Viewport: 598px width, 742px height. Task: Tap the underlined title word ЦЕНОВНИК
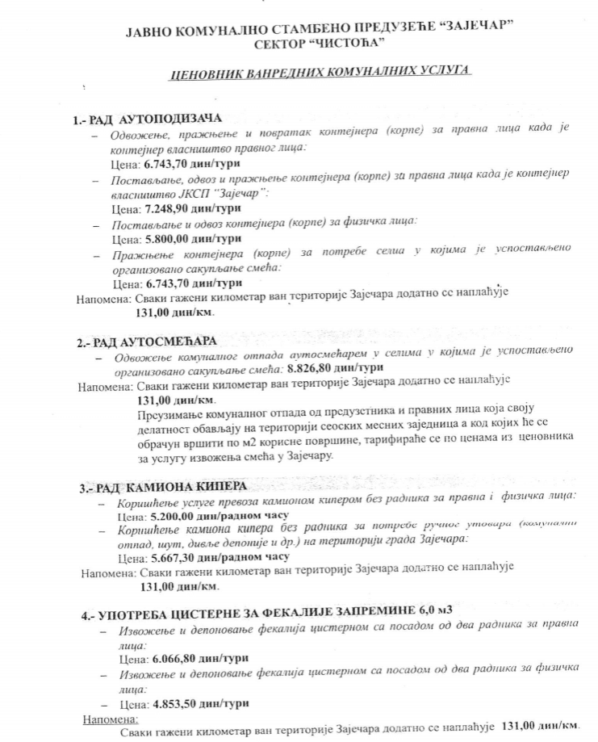coord(204,73)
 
